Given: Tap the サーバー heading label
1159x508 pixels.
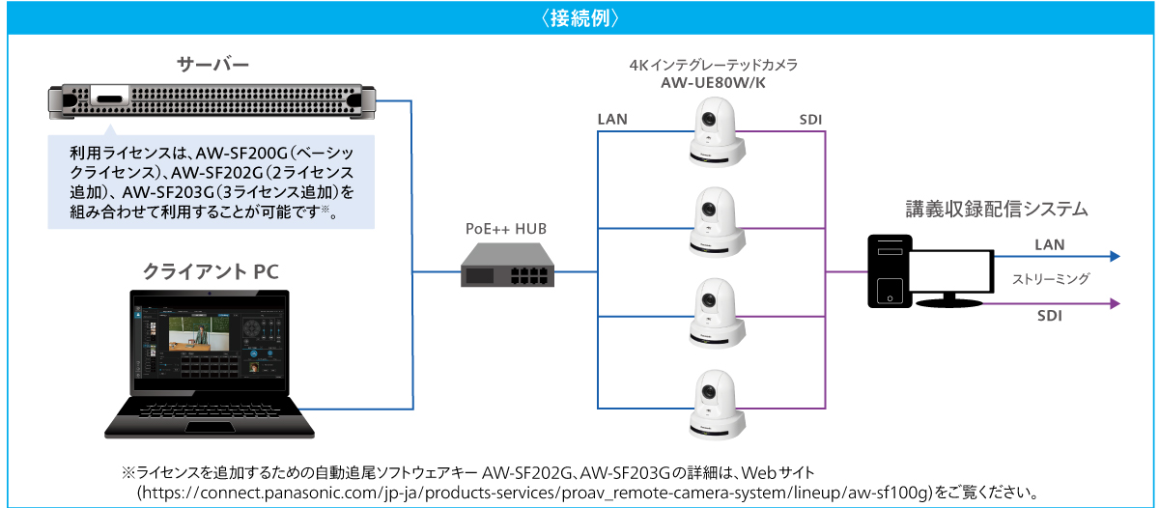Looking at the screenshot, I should pyautogui.click(x=212, y=66).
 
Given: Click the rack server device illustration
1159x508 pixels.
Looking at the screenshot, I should pyautogui.click(x=212, y=100).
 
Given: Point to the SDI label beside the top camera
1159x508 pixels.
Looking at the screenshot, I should pyautogui.click(x=811, y=119).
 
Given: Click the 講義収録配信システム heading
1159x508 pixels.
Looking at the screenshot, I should pyautogui.click(x=998, y=208).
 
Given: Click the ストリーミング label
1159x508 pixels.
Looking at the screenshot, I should pyautogui.click(x=1051, y=280).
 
